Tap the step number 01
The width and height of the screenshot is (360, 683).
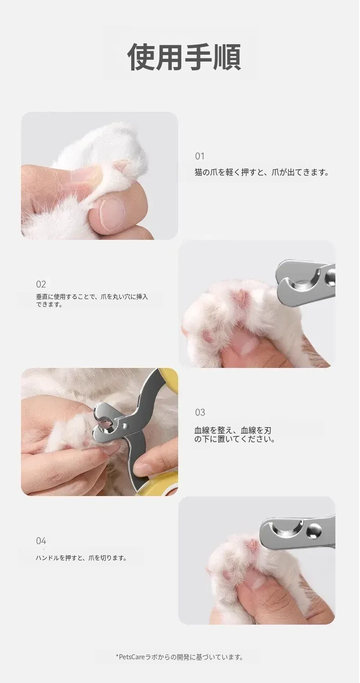click(200, 156)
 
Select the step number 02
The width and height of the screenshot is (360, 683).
click(41, 284)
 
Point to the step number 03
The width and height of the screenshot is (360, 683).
click(200, 412)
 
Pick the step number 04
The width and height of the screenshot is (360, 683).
click(41, 541)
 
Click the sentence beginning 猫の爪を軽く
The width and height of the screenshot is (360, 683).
click(262, 172)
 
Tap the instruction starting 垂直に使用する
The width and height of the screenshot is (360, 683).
click(92, 300)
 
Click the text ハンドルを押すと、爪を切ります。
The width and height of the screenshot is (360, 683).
click(81, 558)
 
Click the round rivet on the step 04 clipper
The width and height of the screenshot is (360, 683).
click(314, 531)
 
